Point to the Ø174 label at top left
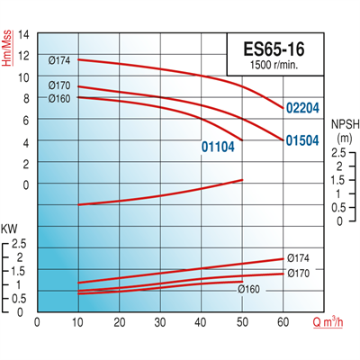click(x=58, y=60)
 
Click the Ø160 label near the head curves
click(x=58, y=98)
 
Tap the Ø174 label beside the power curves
click(x=299, y=256)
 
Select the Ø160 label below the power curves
click(x=248, y=289)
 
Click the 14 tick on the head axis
click(x=24, y=35)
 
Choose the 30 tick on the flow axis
click(x=161, y=321)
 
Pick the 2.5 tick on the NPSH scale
click(x=337, y=154)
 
